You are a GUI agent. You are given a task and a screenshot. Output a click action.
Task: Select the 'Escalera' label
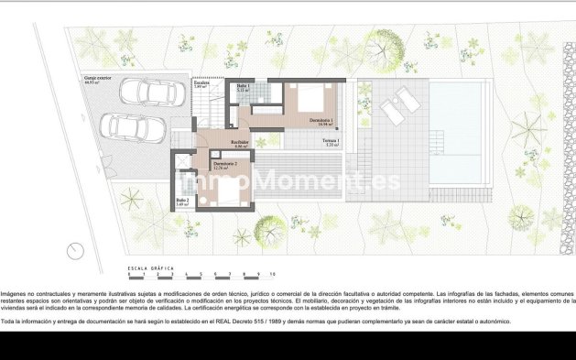coord(201,83)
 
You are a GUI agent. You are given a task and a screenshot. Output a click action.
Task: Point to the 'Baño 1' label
coord(244,86)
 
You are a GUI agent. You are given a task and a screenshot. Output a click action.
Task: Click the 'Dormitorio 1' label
coord(320,120)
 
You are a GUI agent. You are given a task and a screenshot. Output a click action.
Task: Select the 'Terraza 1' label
coord(331,140)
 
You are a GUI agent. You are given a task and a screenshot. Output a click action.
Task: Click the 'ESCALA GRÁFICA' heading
coord(149,267)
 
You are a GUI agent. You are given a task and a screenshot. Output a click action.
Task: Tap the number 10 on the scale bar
coord(273,274)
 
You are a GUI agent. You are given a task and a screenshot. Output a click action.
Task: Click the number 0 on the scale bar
coord(129,274)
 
